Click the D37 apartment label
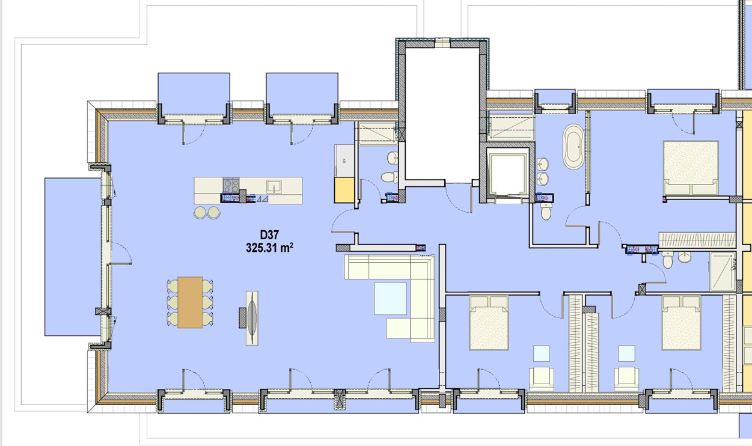click(x=269, y=234)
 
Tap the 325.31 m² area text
click(x=269, y=248)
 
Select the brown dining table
click(x=190, y=302)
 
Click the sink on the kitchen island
click(x=274, y=186)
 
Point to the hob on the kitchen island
click(x=231, y=186)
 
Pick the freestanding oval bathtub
click(x=573, y=147)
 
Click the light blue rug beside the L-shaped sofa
click(x=391, y=298)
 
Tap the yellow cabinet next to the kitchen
click(x=344, y=190)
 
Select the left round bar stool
click(x=200, y=212)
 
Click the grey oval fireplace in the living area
click(x=252, y=317)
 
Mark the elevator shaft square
click(x=508, y=174)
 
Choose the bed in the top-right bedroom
click(x=691, y=168)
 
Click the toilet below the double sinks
click(x=546, y=212)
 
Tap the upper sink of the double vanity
click(x=542, y=164)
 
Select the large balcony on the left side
click(x=73, y=257)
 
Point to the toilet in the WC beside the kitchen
click(x=390, y=177)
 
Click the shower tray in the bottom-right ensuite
click(x=722, y=272)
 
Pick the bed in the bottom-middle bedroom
click(x=489, y=323)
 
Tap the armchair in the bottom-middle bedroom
click(x=542, y=379)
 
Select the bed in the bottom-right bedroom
click(x=681, y=323)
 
